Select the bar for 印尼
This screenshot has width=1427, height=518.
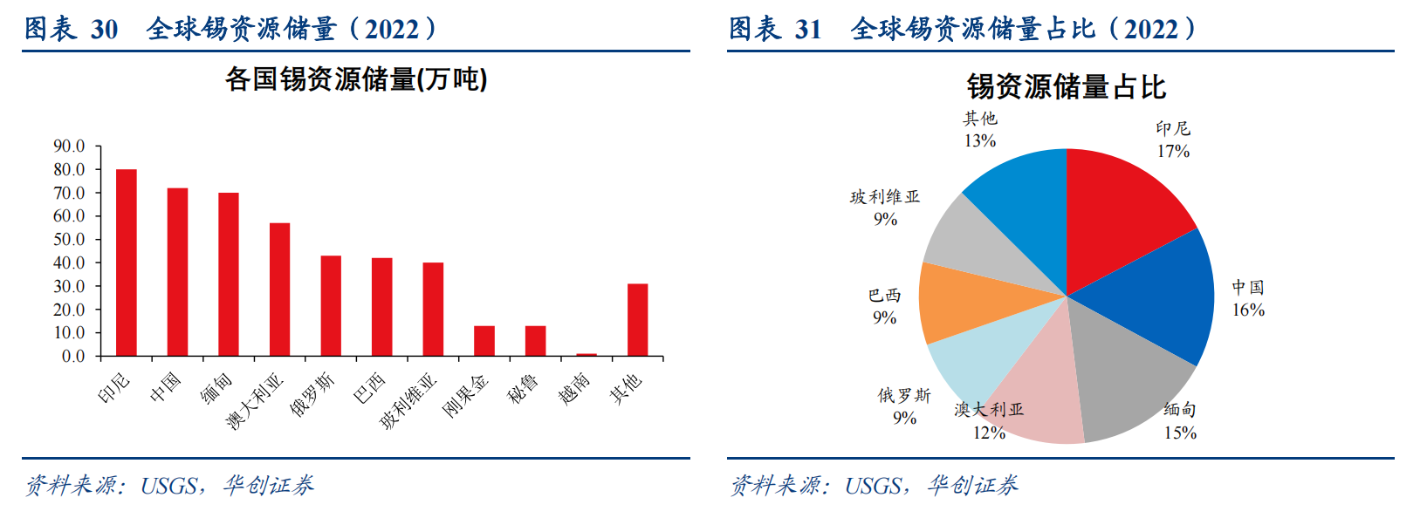click(x=127, y=262)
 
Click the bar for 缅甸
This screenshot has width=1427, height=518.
click(x=229, y=274)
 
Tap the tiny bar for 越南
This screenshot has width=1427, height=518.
click(x=587, y=354)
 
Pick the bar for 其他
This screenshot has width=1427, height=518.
click(x=637, y=319)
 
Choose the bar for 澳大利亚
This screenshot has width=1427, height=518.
click(x=279, y=290)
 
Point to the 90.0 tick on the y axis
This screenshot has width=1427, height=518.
click(x=70, y=146)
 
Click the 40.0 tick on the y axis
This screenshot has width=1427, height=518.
click(x=70, y=262)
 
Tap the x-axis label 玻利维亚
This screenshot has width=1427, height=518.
click(x=408, y=401)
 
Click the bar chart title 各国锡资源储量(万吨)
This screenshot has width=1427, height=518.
click(x=356, y=79)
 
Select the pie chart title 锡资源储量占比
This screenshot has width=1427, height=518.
click(x=1066, y=87)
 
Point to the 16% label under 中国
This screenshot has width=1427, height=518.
click(x=1248, y=310)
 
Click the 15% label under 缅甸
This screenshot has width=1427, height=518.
click(x=1180, y=433)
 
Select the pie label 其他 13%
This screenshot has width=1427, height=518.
click(x=980, y=129)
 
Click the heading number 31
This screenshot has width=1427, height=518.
click(x=808, y=30)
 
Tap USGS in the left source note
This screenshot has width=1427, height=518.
click(x=169, y=486)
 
